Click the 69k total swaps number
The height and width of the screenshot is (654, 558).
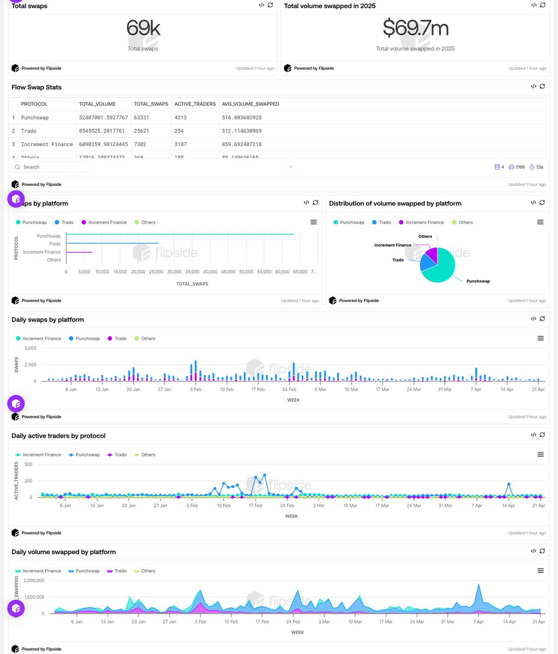tap(143, 28)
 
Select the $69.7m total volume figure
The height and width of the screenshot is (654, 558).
tap(415, 28)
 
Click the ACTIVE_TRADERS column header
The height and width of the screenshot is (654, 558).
tap(195, 104)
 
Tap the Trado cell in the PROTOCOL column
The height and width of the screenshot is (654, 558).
tap(28, 131)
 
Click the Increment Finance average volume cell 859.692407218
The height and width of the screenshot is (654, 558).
tap(242, 144)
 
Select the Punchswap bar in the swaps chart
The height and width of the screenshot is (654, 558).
tap(180, 234)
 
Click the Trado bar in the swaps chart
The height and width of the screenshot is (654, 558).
tap(112, 243)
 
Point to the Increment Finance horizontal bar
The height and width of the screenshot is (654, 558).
tap(79, 252)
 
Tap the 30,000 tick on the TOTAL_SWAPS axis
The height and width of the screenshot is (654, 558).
tap(174, 271)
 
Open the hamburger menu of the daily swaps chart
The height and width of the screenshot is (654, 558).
tap(541, 338)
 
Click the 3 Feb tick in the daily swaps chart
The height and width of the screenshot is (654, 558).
tap(195, 390)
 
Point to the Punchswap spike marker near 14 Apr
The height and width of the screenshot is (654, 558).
tap(509, 484)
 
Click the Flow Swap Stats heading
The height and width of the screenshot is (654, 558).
tap(37, 87)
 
